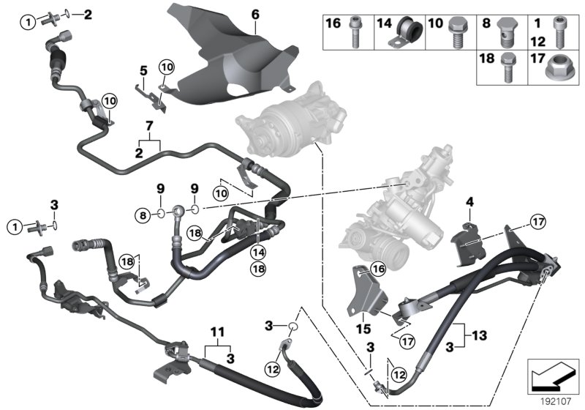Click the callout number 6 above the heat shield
coord(255,14)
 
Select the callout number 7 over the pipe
coord(151,127)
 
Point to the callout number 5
coord(144,71)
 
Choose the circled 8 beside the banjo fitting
coord(143,214)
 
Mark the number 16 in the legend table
coord(333,24)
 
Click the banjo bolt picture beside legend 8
coord(509,31)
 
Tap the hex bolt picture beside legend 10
coord(458,29)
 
